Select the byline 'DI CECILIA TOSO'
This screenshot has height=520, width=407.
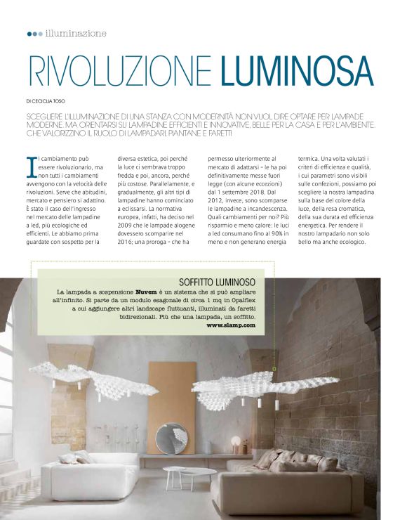(48, 100)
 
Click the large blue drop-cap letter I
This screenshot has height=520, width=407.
(30, 167)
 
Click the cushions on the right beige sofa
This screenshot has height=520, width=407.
(295, 460)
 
